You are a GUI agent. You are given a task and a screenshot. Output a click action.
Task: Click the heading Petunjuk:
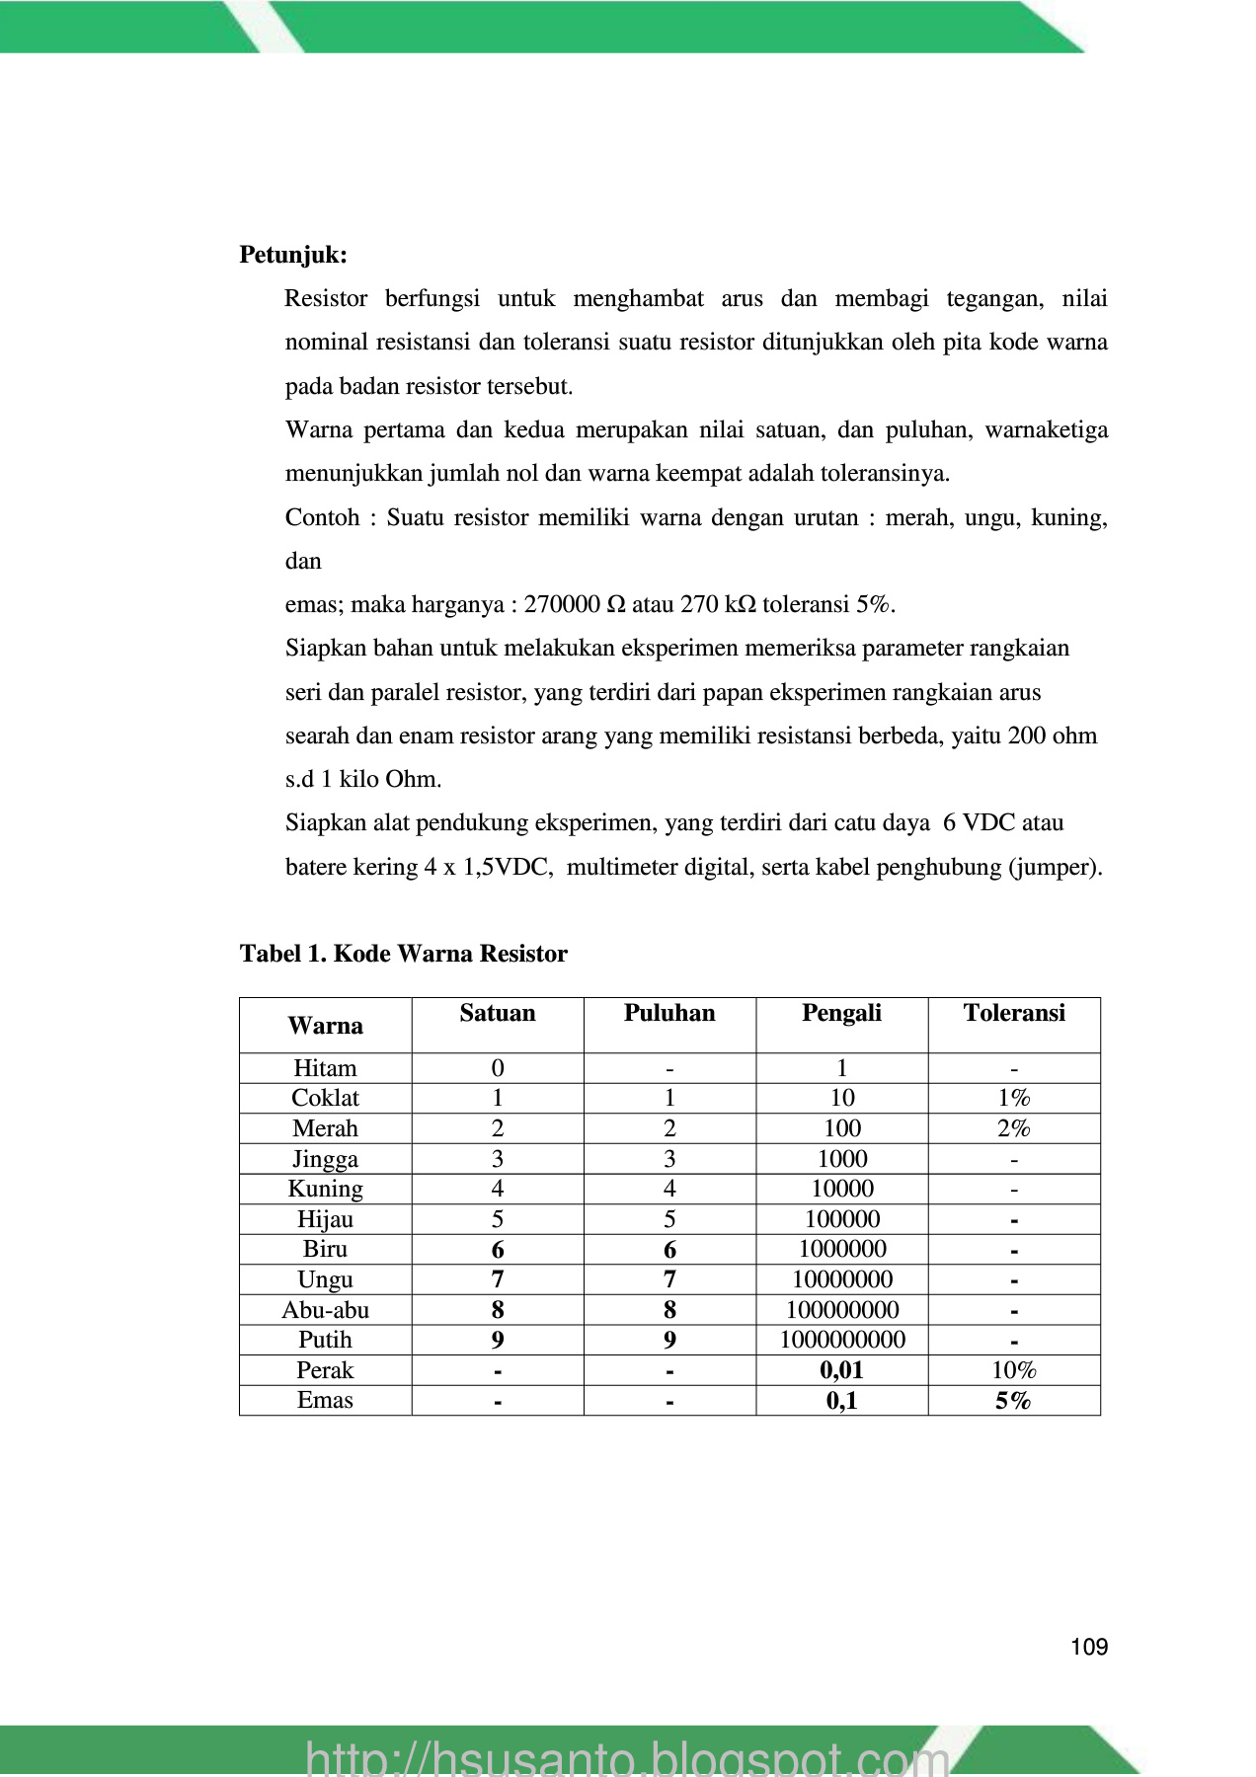point(293,255)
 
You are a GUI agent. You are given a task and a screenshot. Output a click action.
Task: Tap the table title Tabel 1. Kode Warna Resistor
point(403,954)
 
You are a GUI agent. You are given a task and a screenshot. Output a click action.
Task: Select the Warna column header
point(325,1026)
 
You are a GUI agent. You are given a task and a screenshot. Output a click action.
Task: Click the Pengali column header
point(841,1013)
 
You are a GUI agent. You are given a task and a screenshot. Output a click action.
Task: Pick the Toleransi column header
point(1014,1013)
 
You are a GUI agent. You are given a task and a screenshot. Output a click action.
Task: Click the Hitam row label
point(325,1068)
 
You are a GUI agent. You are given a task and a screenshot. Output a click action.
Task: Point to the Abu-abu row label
point(325,1310)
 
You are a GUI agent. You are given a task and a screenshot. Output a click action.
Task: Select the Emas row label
point(325,1400)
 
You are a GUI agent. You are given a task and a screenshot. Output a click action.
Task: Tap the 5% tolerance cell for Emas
point(1013,1400)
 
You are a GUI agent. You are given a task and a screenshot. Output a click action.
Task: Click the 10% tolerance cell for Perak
point(1014,1370)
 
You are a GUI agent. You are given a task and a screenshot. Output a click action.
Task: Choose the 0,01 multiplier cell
point(841,1370)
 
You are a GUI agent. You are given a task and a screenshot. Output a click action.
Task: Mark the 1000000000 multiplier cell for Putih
point(842,1340)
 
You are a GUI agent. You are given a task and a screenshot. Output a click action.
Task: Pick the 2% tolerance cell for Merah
point(1014,1128)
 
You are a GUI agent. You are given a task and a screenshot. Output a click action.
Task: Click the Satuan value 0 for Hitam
point(498,1068)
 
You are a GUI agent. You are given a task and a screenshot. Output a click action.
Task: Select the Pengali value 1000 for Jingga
point(842,1159)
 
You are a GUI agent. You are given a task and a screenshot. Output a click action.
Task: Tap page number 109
point(1089,1647)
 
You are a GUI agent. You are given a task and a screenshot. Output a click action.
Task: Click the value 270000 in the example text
point(562,604)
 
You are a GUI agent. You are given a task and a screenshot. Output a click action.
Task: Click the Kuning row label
point(325,1189)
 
